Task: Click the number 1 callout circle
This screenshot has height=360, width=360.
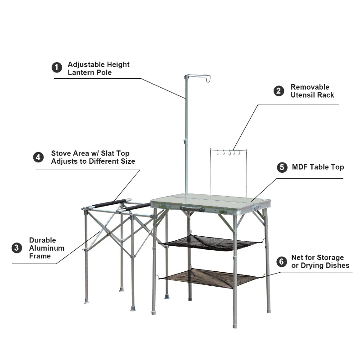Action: (57, 68)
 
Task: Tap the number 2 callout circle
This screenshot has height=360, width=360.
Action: (279, 91)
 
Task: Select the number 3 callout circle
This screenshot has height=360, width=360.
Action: (17, 248)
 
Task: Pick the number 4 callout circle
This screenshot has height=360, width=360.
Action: (39, 157)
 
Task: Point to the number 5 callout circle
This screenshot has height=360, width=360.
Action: (282, 167)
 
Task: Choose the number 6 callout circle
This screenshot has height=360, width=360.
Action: (282, 261)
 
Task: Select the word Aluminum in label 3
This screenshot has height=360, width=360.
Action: (47, 248)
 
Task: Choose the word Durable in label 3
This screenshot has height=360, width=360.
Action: (43, 240)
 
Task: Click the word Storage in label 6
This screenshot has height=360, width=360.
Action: (329, 257)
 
